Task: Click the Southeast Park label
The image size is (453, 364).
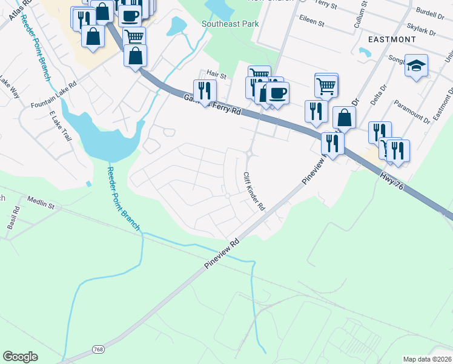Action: tap(230, 24)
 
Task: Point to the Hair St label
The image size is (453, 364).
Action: tap(216, 75)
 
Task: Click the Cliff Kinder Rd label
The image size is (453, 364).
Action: tap(254, 190)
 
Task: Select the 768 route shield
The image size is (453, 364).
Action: tap(98, 349)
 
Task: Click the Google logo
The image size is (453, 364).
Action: tap(20, 357)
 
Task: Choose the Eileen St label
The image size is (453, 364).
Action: tap(312, 19)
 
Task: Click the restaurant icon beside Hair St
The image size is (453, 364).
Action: tap(205, 90)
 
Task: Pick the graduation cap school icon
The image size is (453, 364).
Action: tap(416, 65)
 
